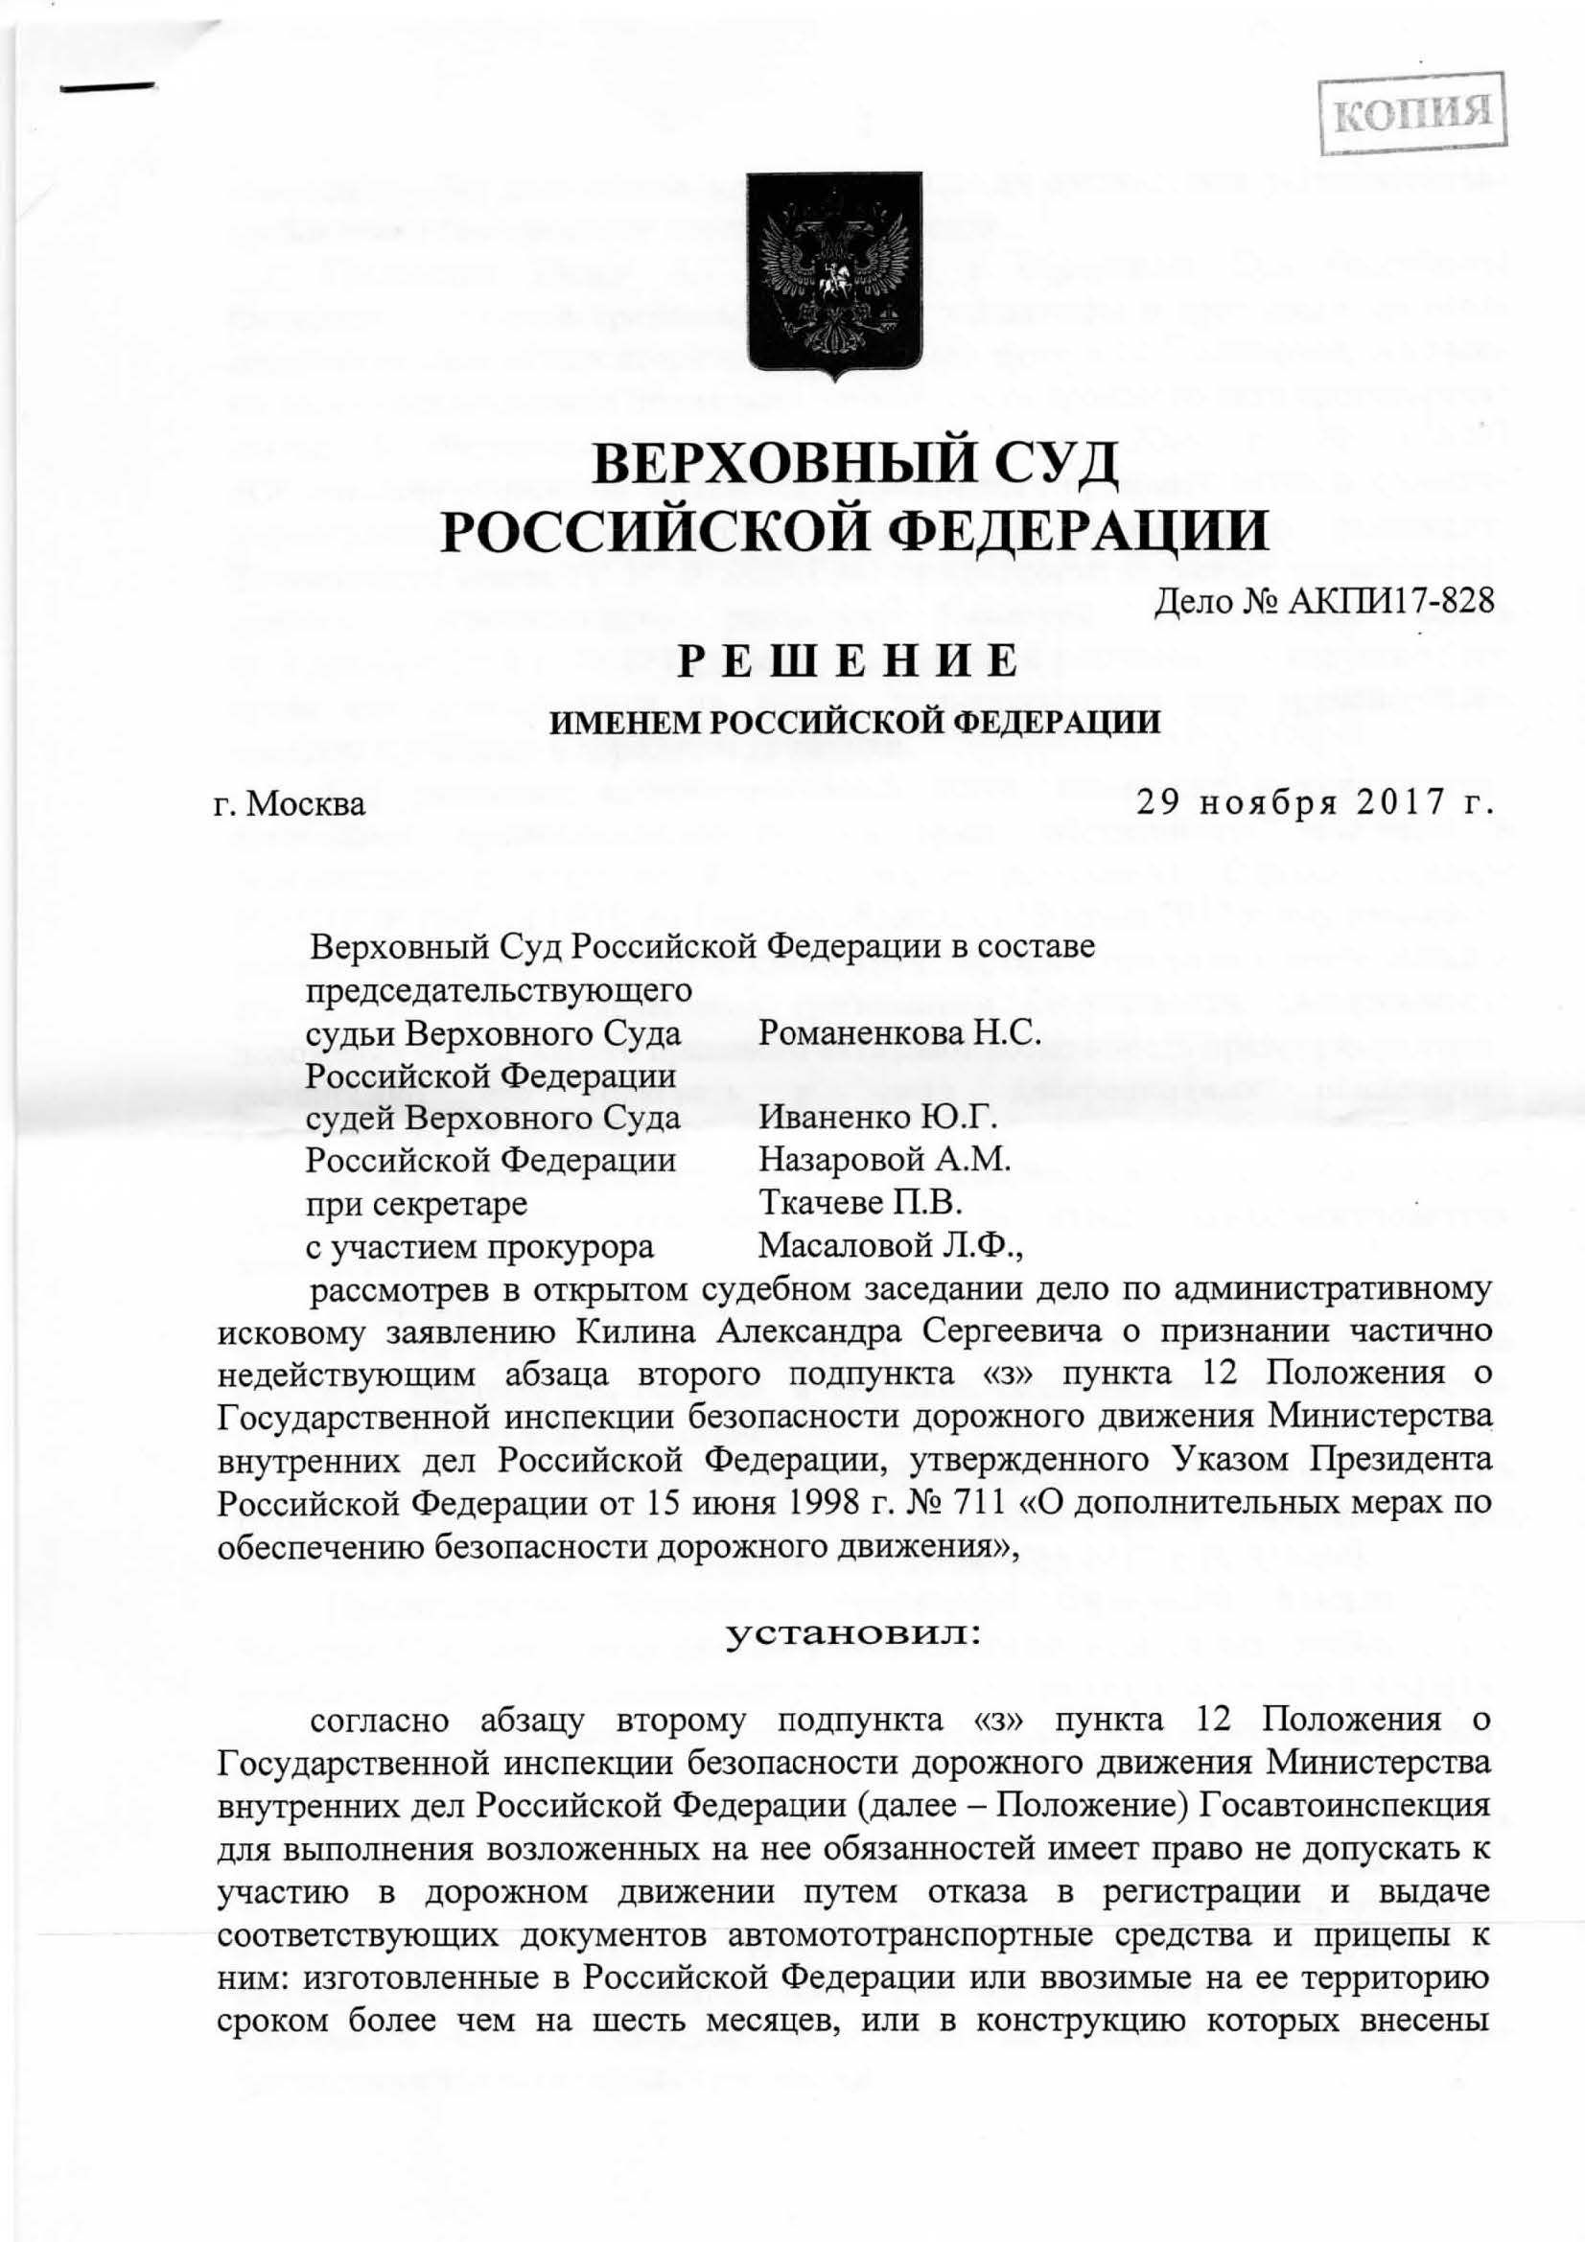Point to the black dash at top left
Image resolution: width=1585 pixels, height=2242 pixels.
click(x=106, y=88)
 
